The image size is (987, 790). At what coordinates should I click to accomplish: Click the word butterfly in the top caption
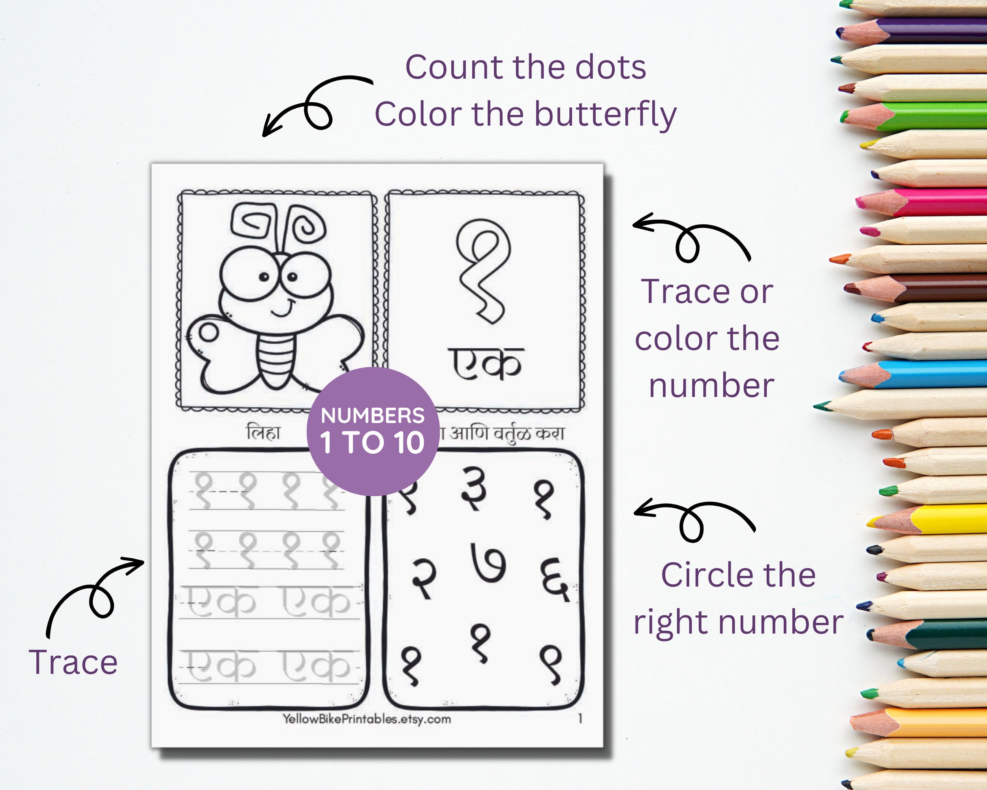coord(605,115)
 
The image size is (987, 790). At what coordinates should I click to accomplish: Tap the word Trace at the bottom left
coord(73,662)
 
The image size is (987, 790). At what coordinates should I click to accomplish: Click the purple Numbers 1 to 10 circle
coord(373,431)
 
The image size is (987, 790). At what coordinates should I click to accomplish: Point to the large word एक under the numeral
coord(485,364)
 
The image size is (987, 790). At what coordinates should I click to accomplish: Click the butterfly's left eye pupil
coord(264,276)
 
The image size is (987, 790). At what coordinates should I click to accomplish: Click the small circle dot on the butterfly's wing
coord(209,333)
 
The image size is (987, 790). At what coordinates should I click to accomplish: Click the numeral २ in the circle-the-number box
coord(424,578)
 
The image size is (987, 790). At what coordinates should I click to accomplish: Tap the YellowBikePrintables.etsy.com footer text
coord(366,719)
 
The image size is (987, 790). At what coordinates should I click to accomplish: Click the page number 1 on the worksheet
coord(580,719)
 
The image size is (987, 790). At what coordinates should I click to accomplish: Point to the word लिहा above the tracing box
coord(263,432)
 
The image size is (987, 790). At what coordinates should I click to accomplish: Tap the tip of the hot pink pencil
coord(861,201)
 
